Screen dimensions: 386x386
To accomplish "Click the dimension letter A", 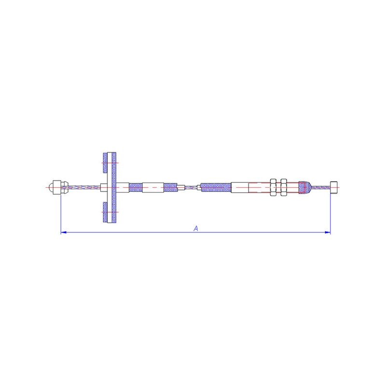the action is [x=196, y=228].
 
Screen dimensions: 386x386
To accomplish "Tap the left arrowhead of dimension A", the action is [x=64, y=232].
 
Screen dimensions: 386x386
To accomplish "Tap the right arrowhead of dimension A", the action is [x=328, y=232].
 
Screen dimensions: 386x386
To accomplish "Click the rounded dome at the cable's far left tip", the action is [x=51, y=188].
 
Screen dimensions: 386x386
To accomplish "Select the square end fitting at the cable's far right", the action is [x=334, y=188].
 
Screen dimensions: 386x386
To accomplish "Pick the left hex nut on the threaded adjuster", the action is [x=273, y=187].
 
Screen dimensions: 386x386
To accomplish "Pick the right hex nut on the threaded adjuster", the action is [x=284, y=187].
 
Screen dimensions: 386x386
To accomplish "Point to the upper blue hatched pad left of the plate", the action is [x=105, y=163].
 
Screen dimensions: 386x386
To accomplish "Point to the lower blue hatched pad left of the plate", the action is [x=105, y=212].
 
